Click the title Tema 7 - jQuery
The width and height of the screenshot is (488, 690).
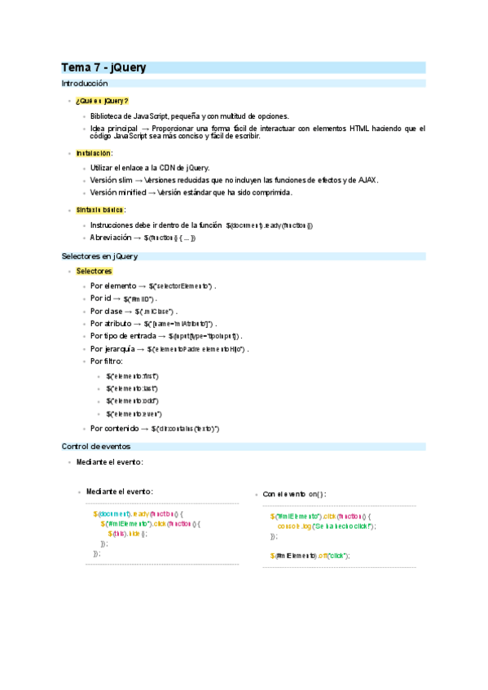click(103, 68)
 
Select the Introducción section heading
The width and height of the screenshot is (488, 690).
click(85, 84)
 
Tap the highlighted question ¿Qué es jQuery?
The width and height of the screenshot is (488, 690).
click(102, 100)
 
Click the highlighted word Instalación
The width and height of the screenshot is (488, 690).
click(93, 152)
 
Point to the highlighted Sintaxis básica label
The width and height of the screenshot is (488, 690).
click(99, 209)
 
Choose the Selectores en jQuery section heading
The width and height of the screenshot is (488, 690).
click(99, 255)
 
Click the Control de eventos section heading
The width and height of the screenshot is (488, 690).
click(95, 446)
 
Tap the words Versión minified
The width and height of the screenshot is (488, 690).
click(117, 193)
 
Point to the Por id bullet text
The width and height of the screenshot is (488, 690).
click(102, 299)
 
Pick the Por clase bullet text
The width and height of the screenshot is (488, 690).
click(106, 311)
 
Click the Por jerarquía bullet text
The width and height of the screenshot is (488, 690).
click(113, 348)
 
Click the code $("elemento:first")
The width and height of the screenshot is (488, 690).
click(132, 376)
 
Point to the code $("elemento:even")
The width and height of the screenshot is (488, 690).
click(134, 414)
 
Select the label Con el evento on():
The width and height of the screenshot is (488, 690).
click(294, 494)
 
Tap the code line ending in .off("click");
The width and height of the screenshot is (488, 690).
click(310, 556)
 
